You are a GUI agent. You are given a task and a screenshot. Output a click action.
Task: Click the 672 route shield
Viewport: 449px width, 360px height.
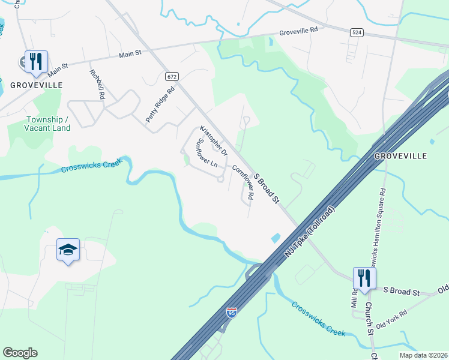point(172,76)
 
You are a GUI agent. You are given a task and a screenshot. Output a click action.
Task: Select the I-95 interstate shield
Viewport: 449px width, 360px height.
point(232,313)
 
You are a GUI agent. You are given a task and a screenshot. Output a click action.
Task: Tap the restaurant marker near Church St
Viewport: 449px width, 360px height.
point(364,278)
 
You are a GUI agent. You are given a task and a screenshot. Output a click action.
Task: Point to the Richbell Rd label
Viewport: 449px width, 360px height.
point(97,85)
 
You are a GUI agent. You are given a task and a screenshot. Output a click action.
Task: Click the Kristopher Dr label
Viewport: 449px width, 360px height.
point(214,140)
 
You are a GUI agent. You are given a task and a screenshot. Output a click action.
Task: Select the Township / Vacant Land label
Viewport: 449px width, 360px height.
point(47,124)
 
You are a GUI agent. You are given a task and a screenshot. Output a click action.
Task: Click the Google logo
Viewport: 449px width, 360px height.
point(20,353)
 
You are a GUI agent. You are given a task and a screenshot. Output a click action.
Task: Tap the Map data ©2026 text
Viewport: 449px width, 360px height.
point(423,355)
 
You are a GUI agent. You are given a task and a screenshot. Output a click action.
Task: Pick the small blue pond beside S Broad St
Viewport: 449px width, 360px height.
point(276,238)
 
